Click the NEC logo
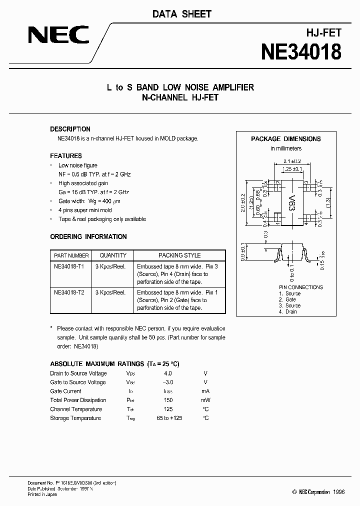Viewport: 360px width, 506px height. click(x=58, y=35)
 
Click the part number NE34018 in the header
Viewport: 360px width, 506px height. click(x=301, y=52)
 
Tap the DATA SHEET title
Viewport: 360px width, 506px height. click(x=182, y=14)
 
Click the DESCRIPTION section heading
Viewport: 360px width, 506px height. click(x=70, y=129)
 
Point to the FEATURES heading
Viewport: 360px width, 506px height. click(x=66, y=156)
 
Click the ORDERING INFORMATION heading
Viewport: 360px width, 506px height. click(x=88, y=236)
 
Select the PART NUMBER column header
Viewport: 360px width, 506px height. click(x=71, y=255)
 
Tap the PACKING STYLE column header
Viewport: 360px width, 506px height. click(x=179, y=255)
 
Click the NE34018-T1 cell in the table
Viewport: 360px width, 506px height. click(x=69, y=267)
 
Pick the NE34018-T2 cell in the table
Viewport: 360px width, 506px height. click(x=69, y=292)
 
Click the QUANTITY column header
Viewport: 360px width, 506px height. click(x=113, y=255)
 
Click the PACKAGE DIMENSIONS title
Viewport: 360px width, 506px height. click(x=286, y=139)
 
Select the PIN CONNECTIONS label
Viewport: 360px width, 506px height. click(x=301, y=287)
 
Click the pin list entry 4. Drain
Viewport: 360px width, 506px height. click(x=287, y=311)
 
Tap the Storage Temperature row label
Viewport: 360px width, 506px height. click(x=75, y=418)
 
